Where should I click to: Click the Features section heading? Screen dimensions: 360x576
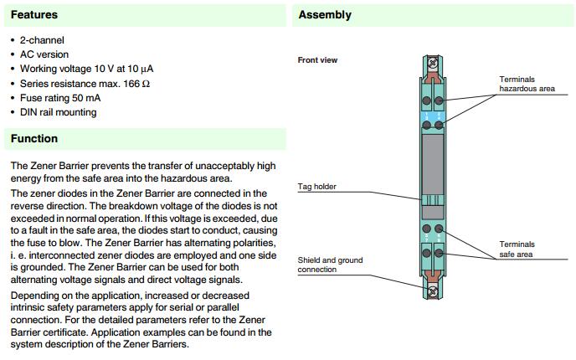tap(34, 14)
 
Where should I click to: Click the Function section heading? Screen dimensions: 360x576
tap(34, 138)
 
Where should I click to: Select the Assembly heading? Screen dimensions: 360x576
tap(325, 14)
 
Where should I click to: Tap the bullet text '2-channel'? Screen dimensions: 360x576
tap(42, 40)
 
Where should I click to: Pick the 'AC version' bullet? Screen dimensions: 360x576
tap(44, 54)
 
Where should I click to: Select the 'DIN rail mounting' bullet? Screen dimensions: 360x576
tap(58, 112)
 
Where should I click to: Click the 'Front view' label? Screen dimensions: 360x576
tap(317, 60)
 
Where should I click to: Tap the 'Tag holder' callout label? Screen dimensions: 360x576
tap(317, 186)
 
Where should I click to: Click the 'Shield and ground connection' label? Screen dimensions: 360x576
tap(331, 265)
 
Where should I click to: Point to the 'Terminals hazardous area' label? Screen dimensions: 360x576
tap(527, 84)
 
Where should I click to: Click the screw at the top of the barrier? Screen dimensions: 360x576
tap(433, 62)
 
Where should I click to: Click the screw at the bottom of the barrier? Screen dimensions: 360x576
tap(433, 292)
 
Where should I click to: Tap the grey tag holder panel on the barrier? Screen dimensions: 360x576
tap(433, 176)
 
